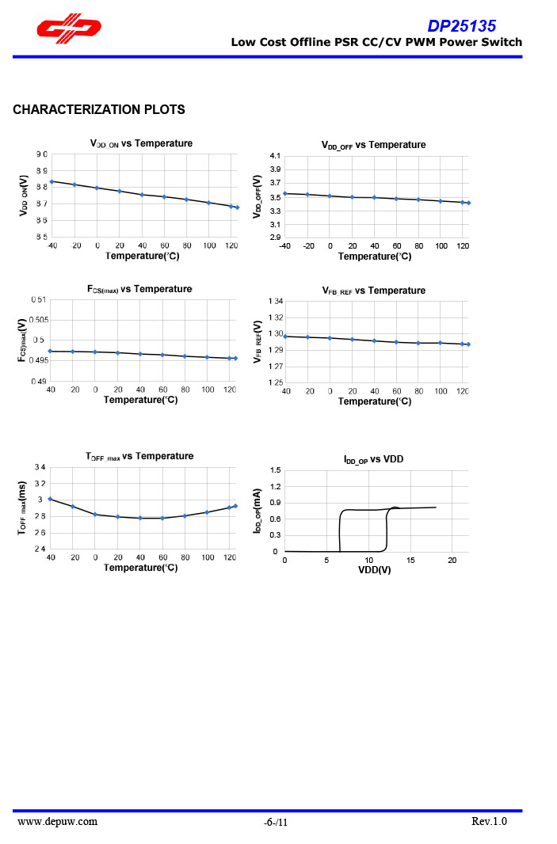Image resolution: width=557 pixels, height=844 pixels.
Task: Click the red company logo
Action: click(x=67, y=29)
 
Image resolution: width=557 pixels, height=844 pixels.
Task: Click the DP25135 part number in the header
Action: click(x=462, y=25)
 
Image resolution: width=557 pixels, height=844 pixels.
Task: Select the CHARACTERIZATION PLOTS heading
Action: click(x=99, y=109)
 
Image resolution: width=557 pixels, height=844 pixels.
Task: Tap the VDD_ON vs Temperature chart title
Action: click(x=141, y=143)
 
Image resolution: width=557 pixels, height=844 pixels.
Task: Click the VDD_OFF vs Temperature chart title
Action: click(x=373, y=145)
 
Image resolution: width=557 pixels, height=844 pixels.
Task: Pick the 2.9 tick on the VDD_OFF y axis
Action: click(x=275, y=238)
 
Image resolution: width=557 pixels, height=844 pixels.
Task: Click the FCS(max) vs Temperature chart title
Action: click(x=139, y=289)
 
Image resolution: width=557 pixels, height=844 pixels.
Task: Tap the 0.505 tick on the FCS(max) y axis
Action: click(x=38, y=320)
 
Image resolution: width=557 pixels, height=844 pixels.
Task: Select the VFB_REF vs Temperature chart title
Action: click(x=373, y=291)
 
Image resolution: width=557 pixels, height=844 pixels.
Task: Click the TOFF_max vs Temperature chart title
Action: click(x=139, y=456)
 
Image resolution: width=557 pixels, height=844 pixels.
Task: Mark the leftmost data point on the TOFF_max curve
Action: click(x=50, y=499)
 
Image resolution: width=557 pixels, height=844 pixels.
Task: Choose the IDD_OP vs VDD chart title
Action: click(x=373, y=459)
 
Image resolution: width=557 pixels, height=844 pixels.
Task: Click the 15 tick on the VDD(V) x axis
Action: click(x=410, y=561)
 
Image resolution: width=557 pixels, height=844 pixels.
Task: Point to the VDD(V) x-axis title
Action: click(x=375, y=570)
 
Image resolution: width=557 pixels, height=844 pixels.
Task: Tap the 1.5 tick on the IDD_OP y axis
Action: click(x=275, y=470)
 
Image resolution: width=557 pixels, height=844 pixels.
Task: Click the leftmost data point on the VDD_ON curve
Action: click(x=52, y=181)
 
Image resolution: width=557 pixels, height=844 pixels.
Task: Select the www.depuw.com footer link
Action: click(x=58, y=821)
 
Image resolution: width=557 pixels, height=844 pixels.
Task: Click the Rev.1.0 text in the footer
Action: click(x=489, y=821)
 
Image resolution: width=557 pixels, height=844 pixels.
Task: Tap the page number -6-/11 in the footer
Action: click(x=276, y=823)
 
